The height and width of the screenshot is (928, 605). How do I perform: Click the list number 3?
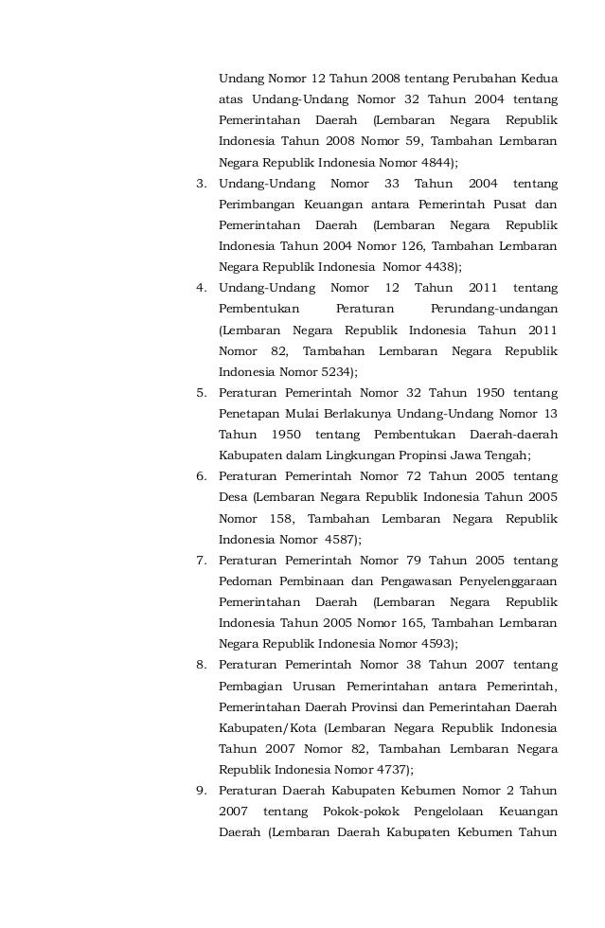pyautogui.click(x=201, y=182)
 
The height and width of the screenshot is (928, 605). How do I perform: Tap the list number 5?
pyautogui.click(x=201, y=392)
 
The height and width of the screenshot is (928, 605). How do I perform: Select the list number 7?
pyautogui.click(x=201, y=560)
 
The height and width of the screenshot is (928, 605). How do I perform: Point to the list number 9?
pyautogui.click(x=201, y=791)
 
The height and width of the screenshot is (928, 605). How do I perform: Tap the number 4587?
pyautogui.click(x=335, y=539)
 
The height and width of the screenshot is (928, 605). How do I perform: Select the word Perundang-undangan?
pyautogui.click(x=493, y=309)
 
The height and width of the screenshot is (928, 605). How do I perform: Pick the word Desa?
pyautogui.click(x=233, y=497)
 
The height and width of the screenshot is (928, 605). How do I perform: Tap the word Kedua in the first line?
pyautogui.click(x=536, y=77)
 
